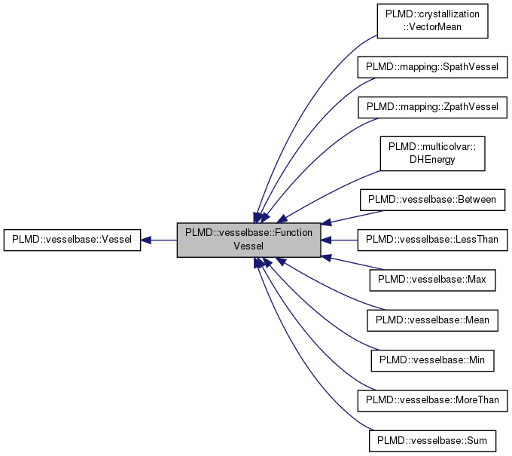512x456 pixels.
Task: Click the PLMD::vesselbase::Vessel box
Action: coord(72,240)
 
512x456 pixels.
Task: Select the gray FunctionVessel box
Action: coord(248,240)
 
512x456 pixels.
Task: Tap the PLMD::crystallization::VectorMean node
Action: coord(432,21)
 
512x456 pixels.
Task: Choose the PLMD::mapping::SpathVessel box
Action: coord(432,67)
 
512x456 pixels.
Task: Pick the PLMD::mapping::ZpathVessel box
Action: coord(432,106)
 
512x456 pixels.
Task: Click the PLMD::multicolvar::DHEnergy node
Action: coord(432,153)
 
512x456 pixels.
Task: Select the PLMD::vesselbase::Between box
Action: coord(432,200)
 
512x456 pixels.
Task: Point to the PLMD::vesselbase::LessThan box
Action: coord(432,240)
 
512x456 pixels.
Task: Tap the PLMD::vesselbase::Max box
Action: coord(432,279)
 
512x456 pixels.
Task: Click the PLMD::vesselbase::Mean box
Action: coord(432,320)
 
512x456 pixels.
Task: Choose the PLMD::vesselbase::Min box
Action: coord(432,360)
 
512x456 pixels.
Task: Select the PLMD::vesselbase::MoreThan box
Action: coord(432,399)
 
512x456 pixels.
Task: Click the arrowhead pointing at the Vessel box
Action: coord(147,240)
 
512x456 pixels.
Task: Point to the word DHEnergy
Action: coord(432,159)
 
